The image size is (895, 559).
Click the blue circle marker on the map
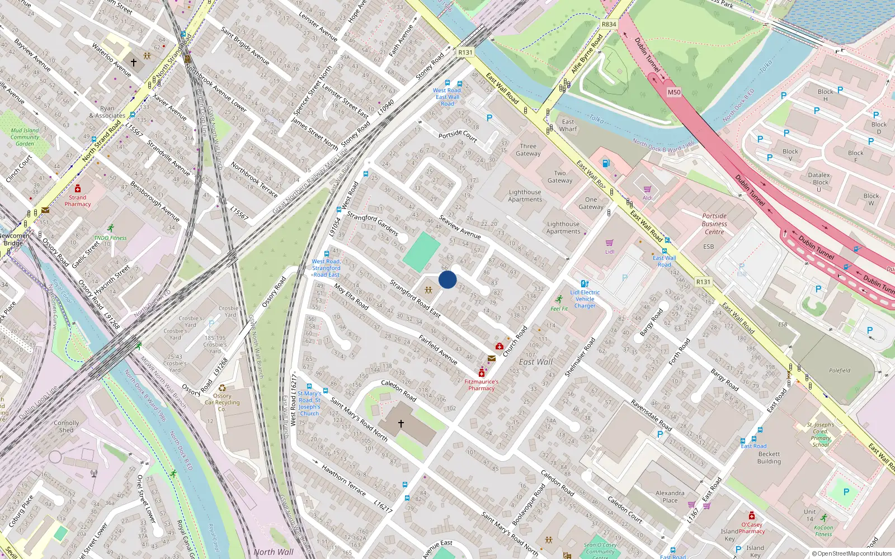(447, 279)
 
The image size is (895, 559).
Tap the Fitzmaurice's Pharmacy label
(481, 385)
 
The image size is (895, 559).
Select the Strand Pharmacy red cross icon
(78, 188)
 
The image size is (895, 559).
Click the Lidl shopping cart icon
(610, 243)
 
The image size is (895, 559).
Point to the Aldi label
(647, 198)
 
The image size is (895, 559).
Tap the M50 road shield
(674, 92)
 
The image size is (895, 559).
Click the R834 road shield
(609, 25)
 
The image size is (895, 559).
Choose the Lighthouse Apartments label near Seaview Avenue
(525, 196)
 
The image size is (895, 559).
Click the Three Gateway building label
(528, 150)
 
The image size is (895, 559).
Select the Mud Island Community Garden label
(25, 137)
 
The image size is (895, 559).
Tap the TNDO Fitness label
(110, 238)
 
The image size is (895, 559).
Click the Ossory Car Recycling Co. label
(222, 399)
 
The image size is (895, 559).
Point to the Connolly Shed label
(66, 427)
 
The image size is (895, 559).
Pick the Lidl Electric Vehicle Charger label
(585, 299)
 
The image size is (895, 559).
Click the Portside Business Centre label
(714, 224)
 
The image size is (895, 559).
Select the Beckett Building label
(769, 458)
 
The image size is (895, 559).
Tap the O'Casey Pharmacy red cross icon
(752, 515)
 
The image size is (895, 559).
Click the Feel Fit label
(559, 309)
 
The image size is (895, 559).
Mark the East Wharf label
(568, 125)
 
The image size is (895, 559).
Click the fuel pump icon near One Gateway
(605, 163)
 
